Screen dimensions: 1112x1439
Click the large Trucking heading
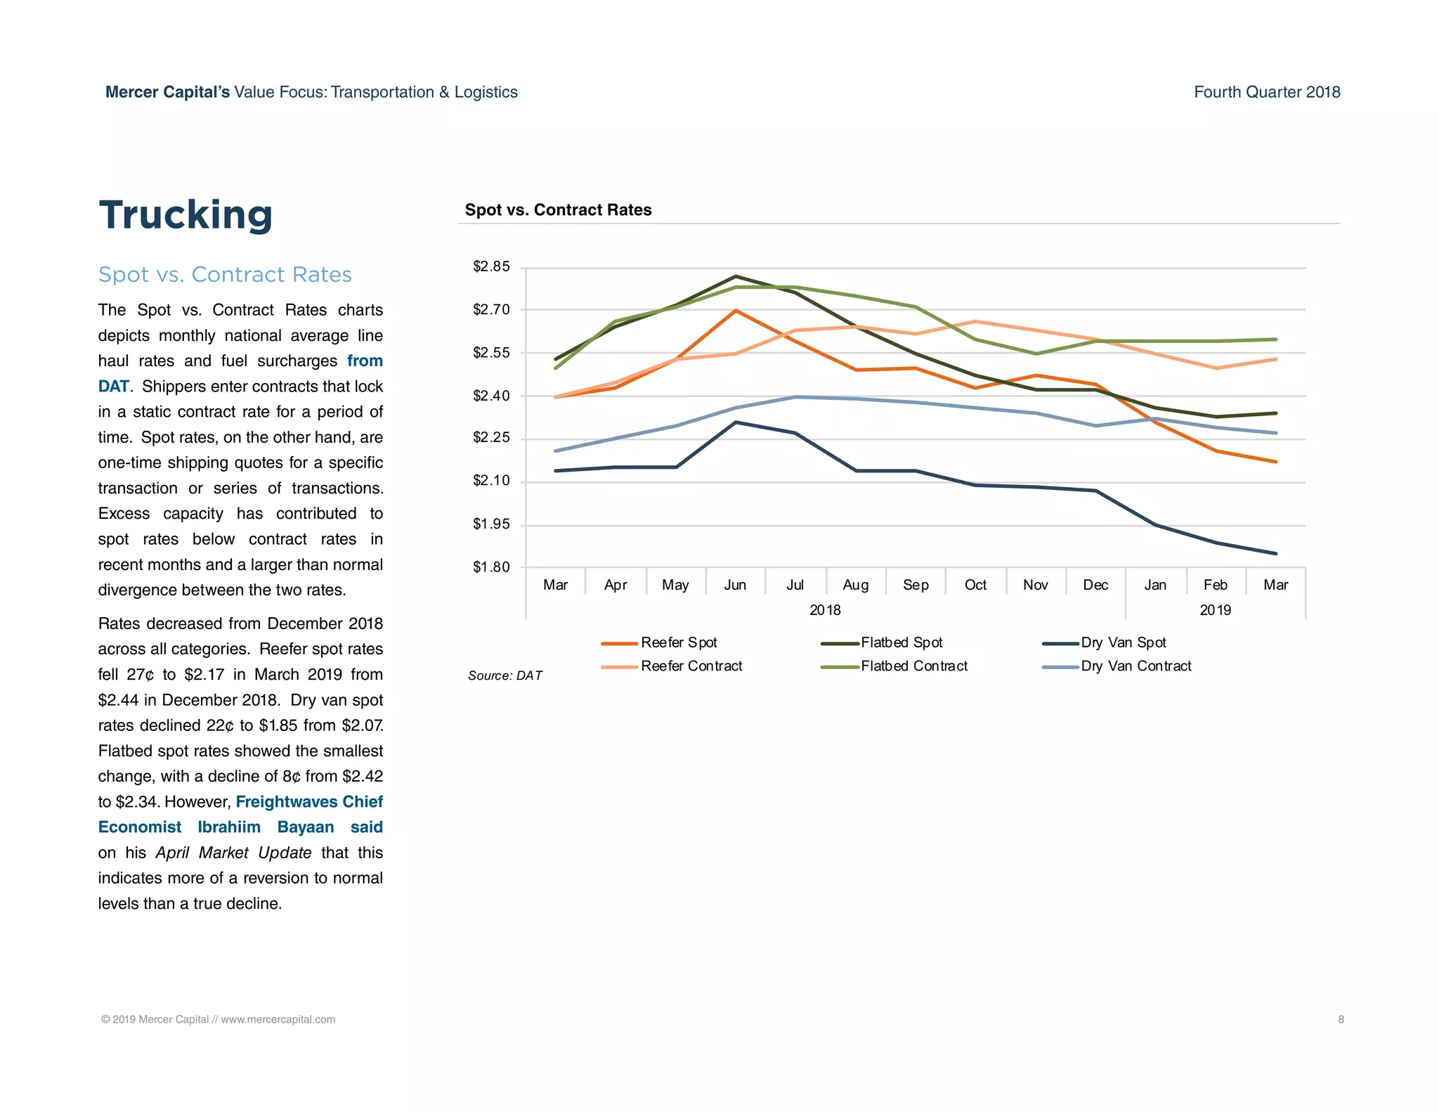click(185, 215)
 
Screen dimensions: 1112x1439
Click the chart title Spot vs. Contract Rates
click(558, 209)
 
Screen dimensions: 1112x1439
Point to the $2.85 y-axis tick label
click(491, 266)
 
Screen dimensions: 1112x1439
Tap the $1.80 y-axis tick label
click(491, 567)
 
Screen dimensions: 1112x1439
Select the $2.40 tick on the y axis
click(491, 396)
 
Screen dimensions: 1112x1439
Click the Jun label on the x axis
click(735, 585)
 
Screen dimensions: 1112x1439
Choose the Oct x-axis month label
click(975, 585)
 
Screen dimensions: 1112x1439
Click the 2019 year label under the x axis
click(1215, 610)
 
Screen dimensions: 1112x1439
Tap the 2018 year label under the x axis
click(825, 610)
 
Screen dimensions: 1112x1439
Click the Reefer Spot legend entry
click(678, 642)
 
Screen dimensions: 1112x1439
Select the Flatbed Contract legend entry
click(913, 666)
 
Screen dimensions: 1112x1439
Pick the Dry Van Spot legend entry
click(1123, 642)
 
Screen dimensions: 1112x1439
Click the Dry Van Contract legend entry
click(1135, 666)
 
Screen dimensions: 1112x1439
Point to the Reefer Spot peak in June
click(735, 311)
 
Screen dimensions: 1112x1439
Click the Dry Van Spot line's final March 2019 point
click(1275, 553)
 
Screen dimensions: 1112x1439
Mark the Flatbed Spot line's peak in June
click(735, 276)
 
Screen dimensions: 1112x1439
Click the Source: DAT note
click(505, 675)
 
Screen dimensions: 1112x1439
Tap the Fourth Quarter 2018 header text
click(1267, 92)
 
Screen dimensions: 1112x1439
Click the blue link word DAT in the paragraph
click(113, 387)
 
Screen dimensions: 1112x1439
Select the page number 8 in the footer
click(1341, 1019)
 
